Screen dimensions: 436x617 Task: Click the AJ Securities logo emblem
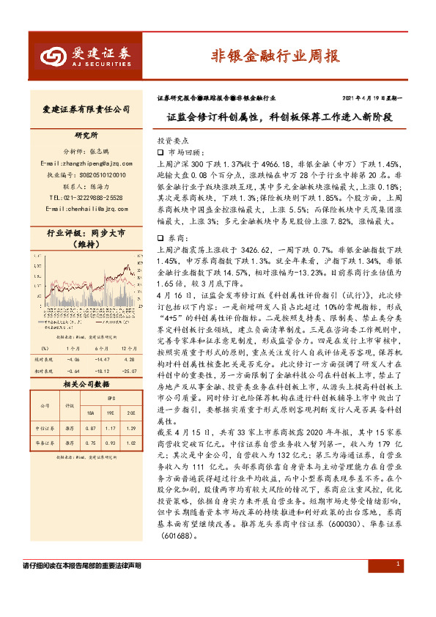pos(53,56)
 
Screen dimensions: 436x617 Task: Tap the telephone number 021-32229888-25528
pos(85,197)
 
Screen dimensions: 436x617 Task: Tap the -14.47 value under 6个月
pos(102,360)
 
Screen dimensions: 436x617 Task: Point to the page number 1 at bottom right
pos(396,564)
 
